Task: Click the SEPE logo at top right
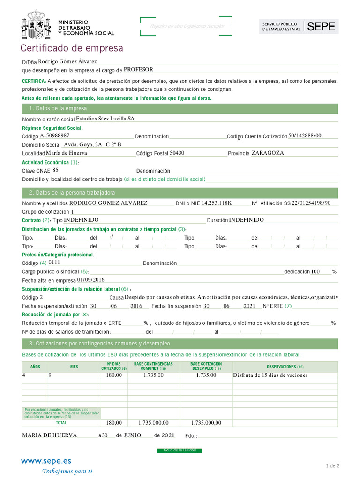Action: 299,27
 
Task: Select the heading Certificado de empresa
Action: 72,48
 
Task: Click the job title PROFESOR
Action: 138,69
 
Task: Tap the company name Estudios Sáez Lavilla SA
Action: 105,119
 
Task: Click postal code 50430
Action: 177,153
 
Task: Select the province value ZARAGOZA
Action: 267,153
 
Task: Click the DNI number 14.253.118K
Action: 217,203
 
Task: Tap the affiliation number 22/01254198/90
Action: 311,203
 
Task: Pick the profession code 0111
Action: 54,262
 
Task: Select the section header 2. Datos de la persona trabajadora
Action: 72,193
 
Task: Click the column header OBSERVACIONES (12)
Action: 285,367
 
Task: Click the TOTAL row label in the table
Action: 61,422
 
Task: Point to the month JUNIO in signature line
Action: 132,435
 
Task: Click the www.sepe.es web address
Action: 46,461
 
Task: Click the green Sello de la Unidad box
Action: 180,450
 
